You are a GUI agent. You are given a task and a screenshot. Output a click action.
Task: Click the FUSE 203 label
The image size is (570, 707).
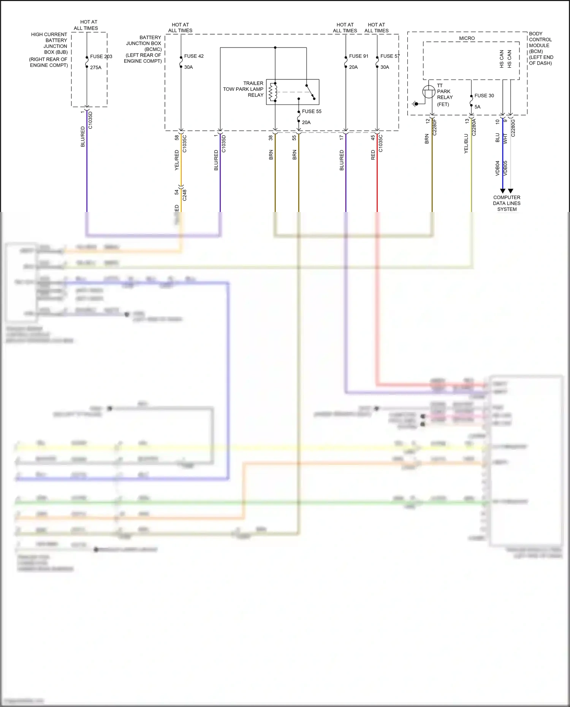tap(101, 57)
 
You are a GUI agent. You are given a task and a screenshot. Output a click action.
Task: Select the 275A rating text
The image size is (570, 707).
tap(96, 68)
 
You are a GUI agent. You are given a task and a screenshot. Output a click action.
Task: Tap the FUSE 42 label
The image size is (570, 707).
tap(194, 56)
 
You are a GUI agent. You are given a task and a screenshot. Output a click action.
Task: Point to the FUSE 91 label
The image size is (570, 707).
tap(359, 56)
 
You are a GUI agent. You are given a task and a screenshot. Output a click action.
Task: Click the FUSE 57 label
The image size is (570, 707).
tap(390, 56)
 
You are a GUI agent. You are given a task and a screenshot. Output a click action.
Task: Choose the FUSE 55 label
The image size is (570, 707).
tap(312, 112)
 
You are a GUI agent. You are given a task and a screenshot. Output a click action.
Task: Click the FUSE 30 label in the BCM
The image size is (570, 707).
tap(484, 96)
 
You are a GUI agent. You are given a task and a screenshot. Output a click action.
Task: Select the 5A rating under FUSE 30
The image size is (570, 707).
tap(477, 107)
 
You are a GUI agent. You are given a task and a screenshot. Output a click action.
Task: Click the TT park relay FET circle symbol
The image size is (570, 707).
tap(429, 92)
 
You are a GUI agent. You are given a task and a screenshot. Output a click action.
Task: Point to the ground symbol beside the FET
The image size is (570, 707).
tap(415, 104)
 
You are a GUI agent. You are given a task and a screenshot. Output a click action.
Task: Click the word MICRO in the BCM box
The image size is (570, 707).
tap(467, 38)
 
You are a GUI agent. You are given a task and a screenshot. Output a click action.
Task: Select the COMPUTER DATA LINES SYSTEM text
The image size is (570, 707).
tap(507, 203)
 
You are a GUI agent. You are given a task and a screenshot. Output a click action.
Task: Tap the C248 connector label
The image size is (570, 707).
tap(185, 195)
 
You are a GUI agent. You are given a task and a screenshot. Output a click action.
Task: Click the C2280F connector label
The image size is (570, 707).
tap(435, 127)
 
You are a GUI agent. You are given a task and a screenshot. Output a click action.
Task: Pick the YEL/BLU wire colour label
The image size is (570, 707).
tap(466, 144)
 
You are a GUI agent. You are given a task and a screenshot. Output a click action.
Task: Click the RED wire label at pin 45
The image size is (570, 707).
tap(373, 155)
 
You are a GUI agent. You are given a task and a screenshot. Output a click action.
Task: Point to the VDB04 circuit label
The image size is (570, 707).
tap(497, 168)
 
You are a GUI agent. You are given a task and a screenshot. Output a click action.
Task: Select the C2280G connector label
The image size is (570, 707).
tap(513, 128)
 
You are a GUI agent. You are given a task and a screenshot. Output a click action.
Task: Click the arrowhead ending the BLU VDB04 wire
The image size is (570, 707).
tap(502, 191)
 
